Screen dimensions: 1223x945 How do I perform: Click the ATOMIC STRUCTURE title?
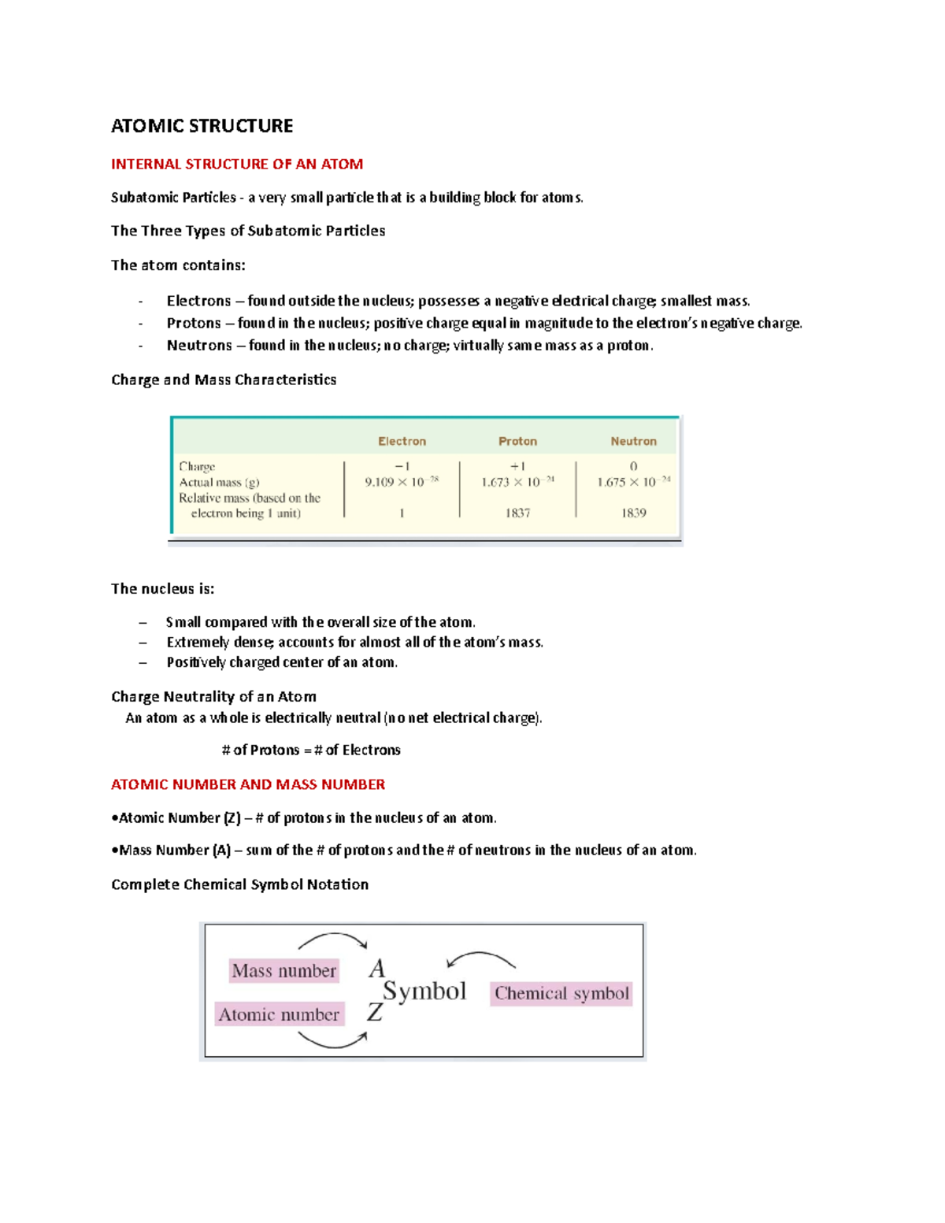click(202, 126)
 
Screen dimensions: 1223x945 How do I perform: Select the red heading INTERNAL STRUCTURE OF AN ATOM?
click(237, 164)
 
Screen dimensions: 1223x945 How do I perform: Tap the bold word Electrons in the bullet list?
click(198, 301)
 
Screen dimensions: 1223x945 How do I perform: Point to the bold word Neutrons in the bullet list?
click(199, 345)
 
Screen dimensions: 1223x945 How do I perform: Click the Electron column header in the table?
click(402, 441)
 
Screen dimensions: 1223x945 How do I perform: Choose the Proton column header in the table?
click(517, 441)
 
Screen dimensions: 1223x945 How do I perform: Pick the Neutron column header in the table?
click(633, 441)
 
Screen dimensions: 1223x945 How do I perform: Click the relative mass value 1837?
click(517, 513)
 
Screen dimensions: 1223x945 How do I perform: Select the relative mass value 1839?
click(633, 513)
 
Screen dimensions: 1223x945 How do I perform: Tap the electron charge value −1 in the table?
click(402, 466)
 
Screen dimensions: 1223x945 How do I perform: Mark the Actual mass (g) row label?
click(219, 482)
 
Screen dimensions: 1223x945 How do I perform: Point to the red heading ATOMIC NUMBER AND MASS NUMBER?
click(248, 784)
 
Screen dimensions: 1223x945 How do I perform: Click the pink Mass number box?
click(283, 971)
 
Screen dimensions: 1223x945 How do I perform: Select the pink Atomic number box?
click(279, 1014)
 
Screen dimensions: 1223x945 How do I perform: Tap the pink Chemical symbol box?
click(561, 993)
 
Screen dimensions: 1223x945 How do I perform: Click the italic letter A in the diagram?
click(377, 968)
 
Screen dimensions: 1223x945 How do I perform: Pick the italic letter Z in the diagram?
click(375, 1012)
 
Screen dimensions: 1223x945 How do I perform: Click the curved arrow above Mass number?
click(332, 939)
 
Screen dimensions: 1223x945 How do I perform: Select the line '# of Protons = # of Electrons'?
click(311, 750)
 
